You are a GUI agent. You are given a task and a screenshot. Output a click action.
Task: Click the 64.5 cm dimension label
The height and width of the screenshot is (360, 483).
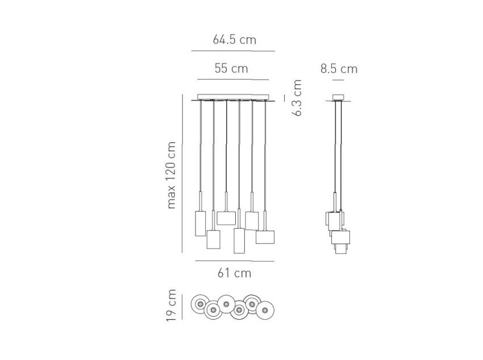[235, 40]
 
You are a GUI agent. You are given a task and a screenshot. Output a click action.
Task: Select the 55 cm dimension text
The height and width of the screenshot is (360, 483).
[231, 68]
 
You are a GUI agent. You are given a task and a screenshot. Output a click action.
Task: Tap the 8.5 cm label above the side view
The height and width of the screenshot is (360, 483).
[339, 69]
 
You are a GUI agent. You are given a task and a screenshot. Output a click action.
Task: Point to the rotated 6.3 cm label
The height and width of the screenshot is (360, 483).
[297, 97]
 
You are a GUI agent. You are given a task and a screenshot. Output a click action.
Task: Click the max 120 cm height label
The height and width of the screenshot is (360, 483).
[170, 175]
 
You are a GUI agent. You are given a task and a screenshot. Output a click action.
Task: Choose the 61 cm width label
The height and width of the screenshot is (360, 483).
[235, 273]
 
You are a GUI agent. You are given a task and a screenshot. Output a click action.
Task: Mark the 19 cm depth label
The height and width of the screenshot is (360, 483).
[170, 305]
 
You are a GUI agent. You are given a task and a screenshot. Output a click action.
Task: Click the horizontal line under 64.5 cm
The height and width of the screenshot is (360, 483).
[233, 51]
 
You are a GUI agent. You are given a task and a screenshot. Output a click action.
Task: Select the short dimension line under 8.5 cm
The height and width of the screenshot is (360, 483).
[338, 80]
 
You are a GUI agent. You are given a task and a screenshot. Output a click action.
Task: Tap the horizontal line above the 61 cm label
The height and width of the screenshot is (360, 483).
[235, 261]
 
